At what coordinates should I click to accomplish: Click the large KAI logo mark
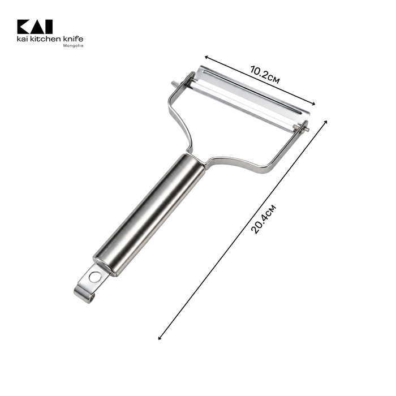click(x=35, y=27)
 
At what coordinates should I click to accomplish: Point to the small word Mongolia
click(x=73, y=46)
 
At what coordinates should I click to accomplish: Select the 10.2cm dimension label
click(x=265, y=75)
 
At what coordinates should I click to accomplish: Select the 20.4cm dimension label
click(x=264, y=219)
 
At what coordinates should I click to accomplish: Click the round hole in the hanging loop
click(x=94, y=277)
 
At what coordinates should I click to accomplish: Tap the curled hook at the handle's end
click(x=85, y=295)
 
